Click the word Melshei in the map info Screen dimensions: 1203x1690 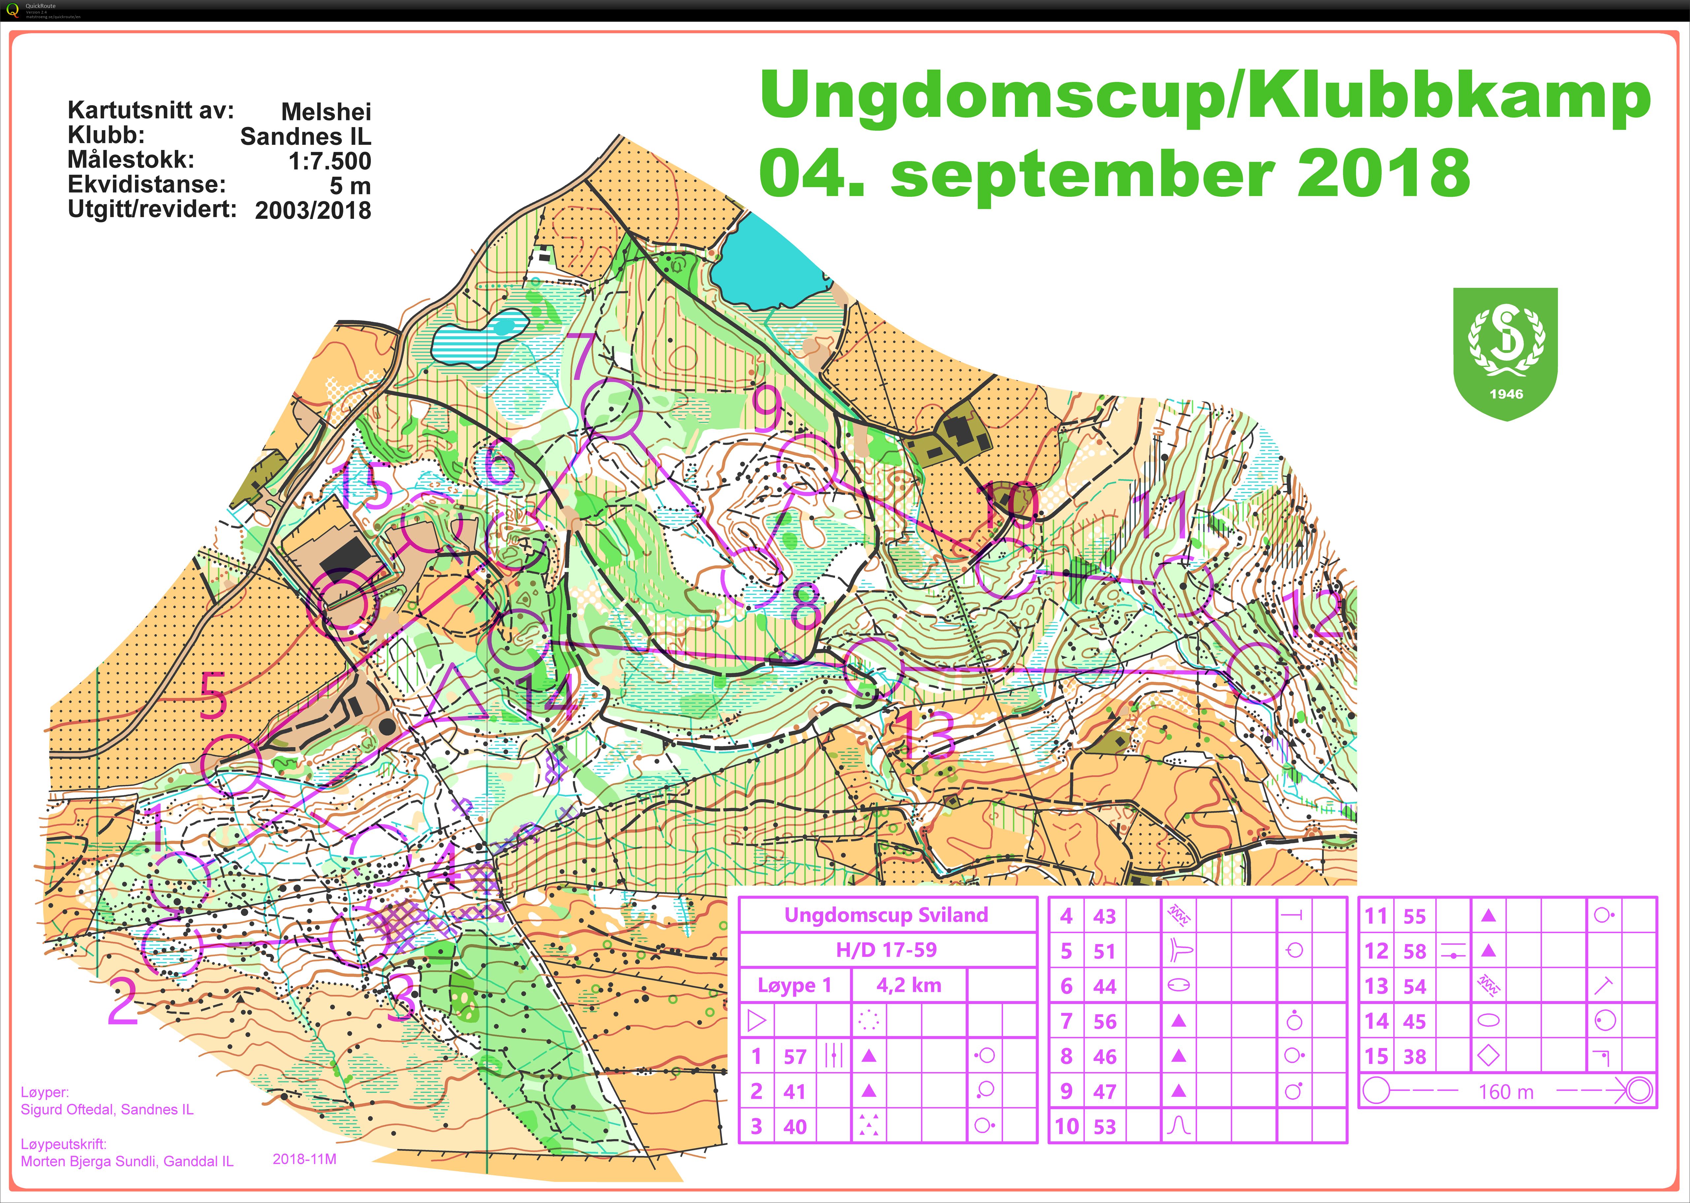pyautogui.click(x=326, y=112)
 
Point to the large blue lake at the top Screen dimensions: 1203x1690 pyautogui.click(x=770, y=263)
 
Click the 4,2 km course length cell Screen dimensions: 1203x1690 pyautogui.click(x=909, y=985)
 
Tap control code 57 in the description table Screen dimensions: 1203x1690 pyautogui.click(x=795, y=1056)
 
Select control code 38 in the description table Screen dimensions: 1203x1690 pyautogui.click(x=1414, y=1056)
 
